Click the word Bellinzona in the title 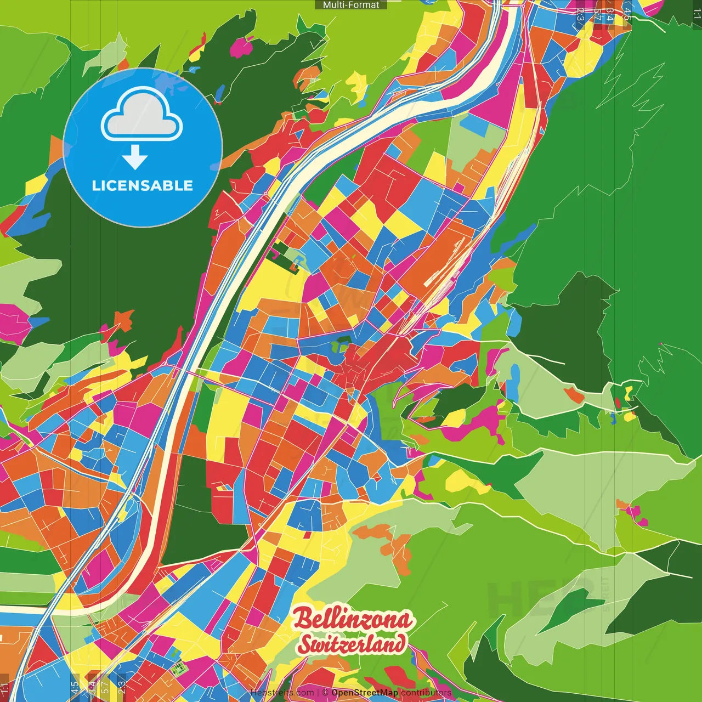pos(353,619)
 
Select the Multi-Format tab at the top pos(351,5)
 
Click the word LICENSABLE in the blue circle pos(143,185)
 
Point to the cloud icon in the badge pos(141,115)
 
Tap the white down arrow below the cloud pos(135,157)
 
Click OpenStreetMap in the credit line pos(364,693)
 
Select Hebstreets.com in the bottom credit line pos(282,693)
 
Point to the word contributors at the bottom pos(426,693)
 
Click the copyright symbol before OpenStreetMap pos(326,693)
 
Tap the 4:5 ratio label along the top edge pos(627,14)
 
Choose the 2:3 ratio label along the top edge pos(580,14)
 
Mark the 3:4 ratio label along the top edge pos(610,14)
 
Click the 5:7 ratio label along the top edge pos(597,14)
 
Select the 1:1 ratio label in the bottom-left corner pos(5,688)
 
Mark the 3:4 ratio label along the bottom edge pos(92,688)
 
